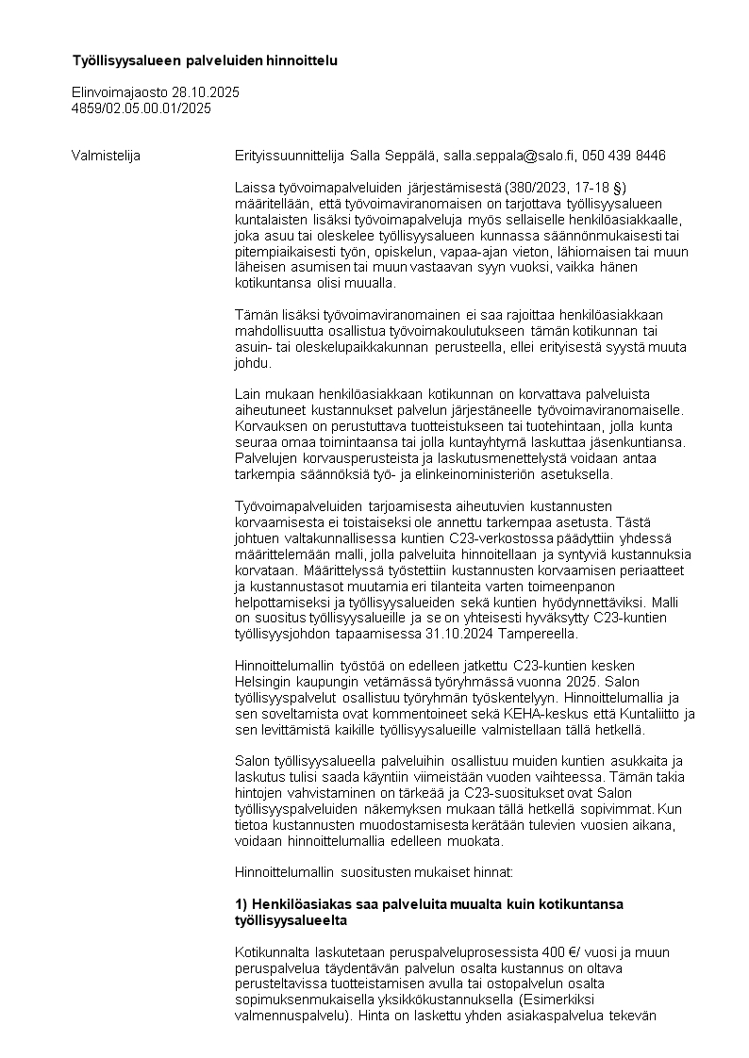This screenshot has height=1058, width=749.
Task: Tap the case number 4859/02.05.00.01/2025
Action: tap(141, 107)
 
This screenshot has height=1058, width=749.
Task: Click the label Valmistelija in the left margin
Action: tap(106, 155)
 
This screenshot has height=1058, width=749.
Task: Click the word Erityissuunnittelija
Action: tap(290, 155)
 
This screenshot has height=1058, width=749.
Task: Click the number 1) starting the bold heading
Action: tap(241, 903)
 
